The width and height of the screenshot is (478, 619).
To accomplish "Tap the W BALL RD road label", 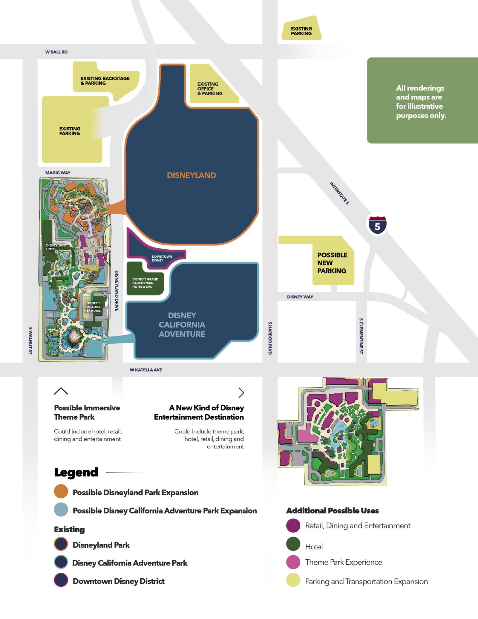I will pos(56,52).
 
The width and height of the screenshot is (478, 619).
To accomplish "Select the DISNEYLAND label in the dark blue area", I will pos(191,175).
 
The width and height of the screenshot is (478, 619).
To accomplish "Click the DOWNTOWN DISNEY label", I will pos(162,259).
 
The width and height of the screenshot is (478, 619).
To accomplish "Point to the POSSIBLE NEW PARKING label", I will pos(332,263).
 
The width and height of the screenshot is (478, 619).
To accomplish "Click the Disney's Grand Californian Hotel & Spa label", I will pos(145,283).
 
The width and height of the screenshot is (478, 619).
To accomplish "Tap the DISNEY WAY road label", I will pos(300,297).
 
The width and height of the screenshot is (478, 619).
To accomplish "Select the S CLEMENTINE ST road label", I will pos(361,336).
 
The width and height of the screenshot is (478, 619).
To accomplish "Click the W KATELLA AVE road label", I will pos(146,370).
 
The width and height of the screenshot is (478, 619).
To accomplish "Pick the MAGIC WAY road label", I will pos(58,173).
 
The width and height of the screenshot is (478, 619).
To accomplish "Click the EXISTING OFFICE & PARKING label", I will pos(210,89).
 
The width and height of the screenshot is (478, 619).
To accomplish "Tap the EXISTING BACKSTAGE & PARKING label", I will pos(105,81).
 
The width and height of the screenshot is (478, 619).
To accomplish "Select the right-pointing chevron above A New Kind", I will pos(241,392).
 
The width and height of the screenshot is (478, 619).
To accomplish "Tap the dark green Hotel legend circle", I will pos(293,544).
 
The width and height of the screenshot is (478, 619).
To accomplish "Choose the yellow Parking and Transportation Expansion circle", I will pos(293,580).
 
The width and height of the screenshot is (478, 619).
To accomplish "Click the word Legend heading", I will pos(76,472).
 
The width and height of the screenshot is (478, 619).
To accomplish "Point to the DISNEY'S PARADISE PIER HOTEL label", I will pos(93,307).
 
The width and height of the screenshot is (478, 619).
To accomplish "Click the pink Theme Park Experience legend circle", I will pos(293,562).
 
